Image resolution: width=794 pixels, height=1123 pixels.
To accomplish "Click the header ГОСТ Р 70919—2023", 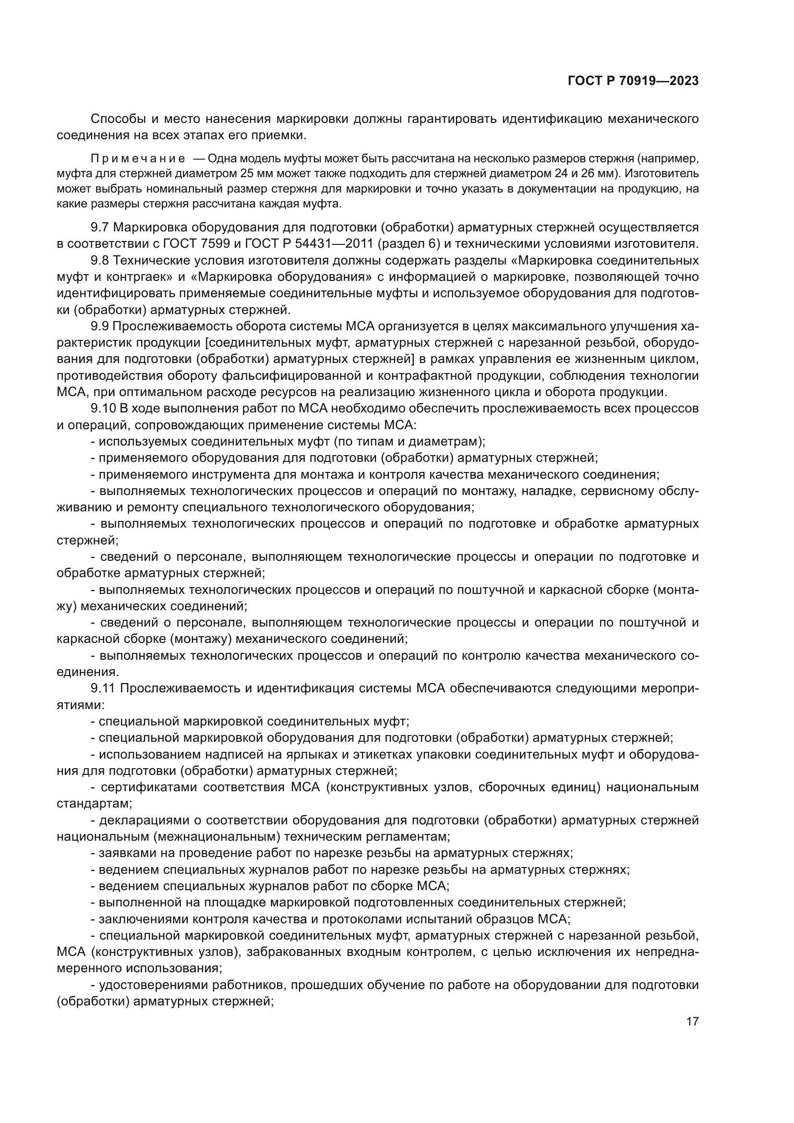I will pyautogui.click(x=633, y=81).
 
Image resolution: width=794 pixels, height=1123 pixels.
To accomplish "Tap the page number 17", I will pyautogui.click(x=692, y=1021).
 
